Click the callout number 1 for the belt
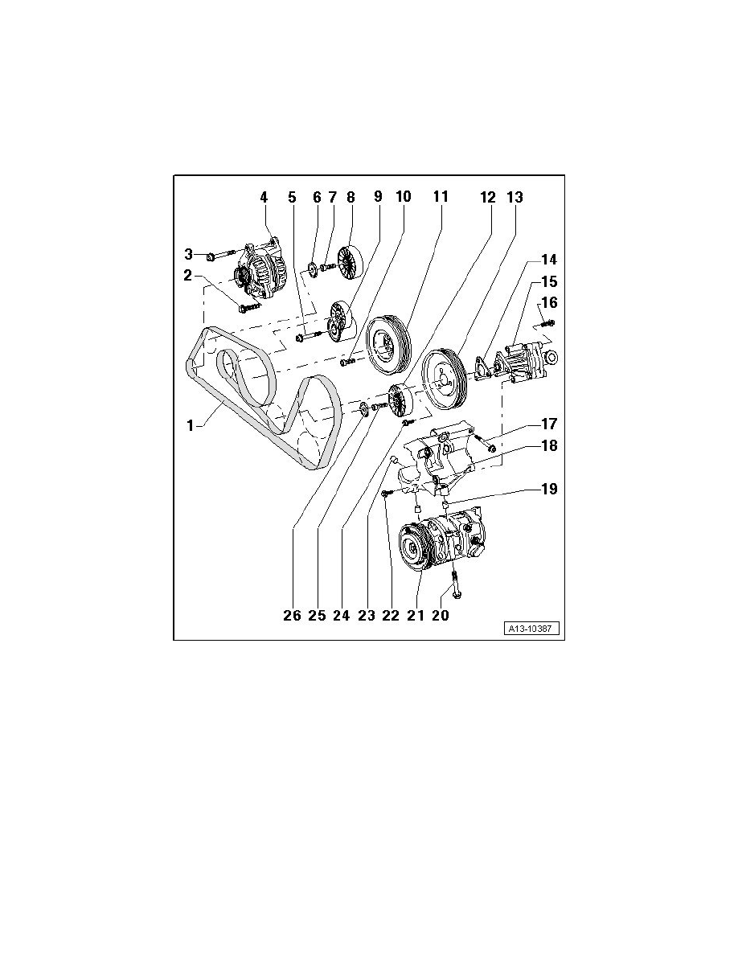191,426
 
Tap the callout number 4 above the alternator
263,196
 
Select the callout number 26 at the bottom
292,615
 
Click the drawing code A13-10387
532,629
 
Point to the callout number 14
547,260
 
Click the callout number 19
547,488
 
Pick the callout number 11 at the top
440,196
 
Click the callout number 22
390,615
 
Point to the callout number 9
378,196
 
